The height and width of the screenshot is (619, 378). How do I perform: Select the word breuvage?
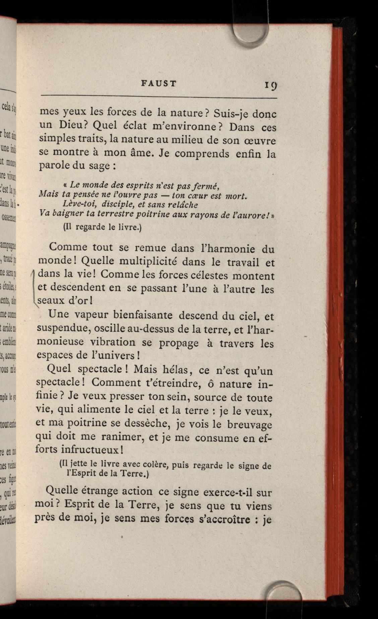click(x=249, y=424)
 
